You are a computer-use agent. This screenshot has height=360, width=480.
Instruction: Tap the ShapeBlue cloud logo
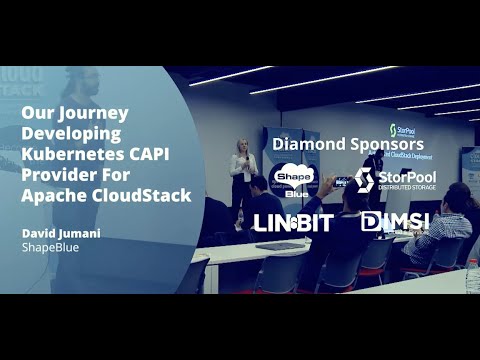point(290,180)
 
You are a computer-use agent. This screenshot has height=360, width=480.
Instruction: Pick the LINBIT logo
point(291,222)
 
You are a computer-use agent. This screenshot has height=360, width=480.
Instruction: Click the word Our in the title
point(35,114)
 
